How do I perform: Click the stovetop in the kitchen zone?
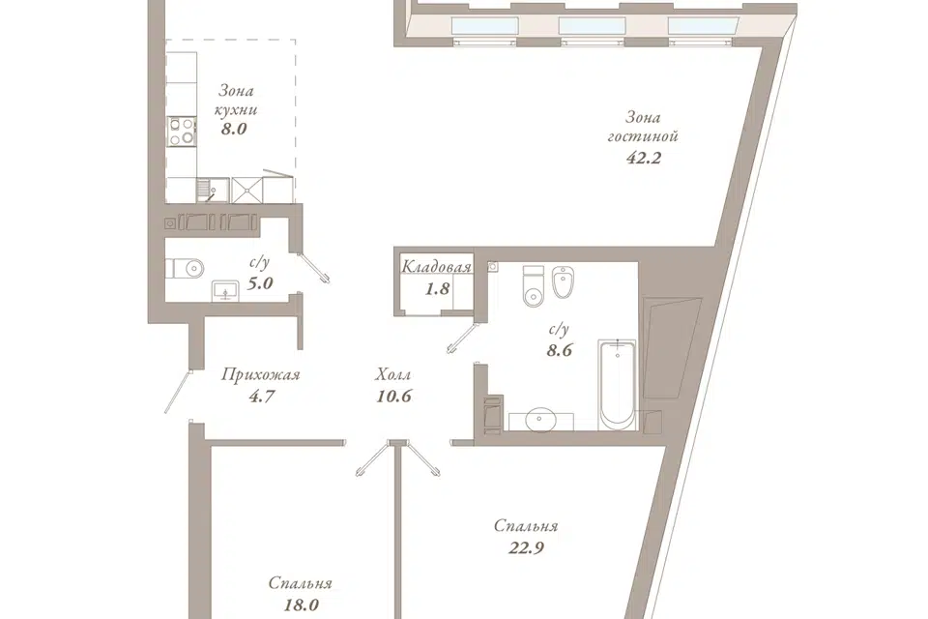tap(182, 131)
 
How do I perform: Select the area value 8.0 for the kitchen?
tap(233, 129)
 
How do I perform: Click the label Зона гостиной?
tap(643, 126)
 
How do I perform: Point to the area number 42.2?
tap(644, 158)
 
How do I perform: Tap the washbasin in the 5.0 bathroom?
tap(225, 291)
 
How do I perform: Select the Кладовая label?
tap(436, 267)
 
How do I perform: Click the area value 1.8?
tap(438, 289)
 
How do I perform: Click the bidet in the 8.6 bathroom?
tap(562, 282)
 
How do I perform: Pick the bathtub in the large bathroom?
tap(618, 384)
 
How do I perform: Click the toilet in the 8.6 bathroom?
tap(534, 286)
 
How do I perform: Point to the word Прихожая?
tap(261, 374)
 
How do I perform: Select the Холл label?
tap(393, 374)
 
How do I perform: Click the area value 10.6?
tap(393, 396)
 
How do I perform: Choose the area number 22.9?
tap(526, 548)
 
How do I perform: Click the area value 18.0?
tap(302, 604)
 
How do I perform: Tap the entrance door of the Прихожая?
tap(178, 391)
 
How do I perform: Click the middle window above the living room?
tap(592, 26)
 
